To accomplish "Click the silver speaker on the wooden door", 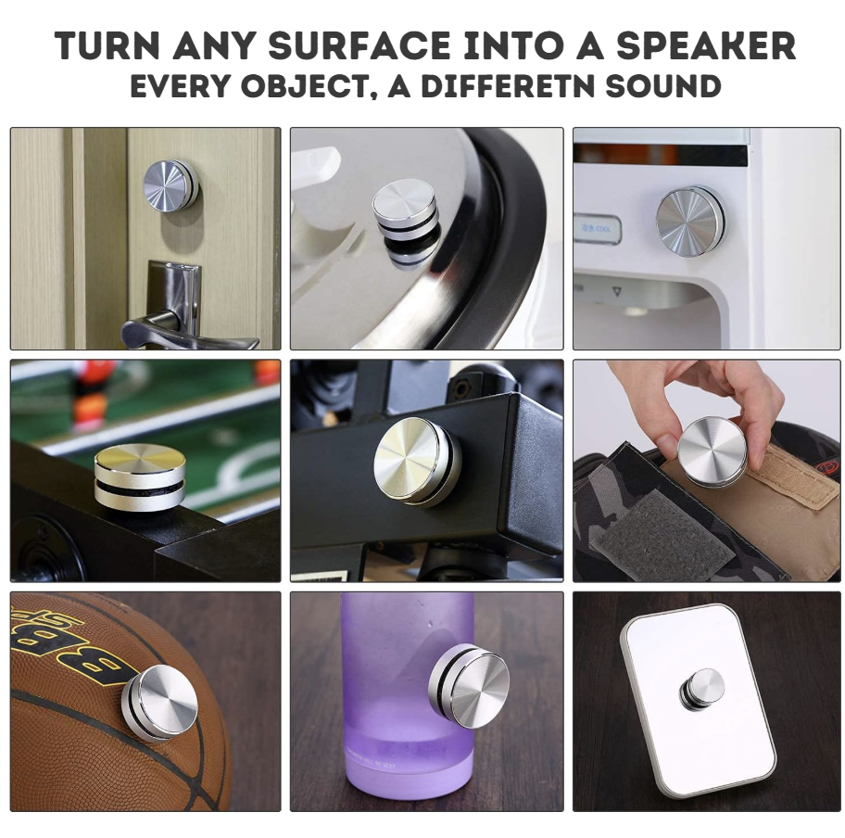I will [x=170, y=185].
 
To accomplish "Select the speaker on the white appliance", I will [x=689, y=217].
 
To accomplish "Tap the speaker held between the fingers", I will [x=712, y=448].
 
